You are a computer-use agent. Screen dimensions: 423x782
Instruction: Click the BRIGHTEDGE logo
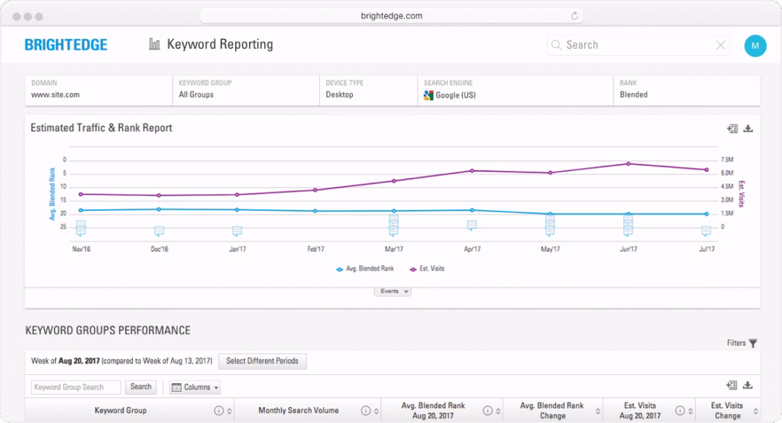point(66,45)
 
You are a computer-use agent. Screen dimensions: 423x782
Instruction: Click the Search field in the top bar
point(634,45)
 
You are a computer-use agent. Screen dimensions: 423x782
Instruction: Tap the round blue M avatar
point(755,45)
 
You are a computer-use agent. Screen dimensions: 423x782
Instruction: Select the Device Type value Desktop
point(340,95)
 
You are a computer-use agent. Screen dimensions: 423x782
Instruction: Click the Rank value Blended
point(634,95)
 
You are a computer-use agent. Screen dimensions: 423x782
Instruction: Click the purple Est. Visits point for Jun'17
point(629,163)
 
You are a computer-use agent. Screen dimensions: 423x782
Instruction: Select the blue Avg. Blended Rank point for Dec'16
point(159,209)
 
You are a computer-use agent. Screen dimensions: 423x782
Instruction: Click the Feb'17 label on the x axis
point(315,249)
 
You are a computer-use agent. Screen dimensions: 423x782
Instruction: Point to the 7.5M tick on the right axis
point(726,160)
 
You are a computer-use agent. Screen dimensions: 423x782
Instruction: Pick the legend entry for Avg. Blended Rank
point(367,269)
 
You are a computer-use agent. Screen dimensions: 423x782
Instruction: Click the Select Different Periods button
point(262,361)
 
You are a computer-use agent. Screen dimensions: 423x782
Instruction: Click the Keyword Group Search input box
point(76,387)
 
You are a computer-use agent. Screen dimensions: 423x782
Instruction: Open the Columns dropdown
point(195,387)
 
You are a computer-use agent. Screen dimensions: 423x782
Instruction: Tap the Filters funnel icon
point(752,344)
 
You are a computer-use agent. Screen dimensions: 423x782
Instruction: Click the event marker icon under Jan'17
point(238,231)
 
